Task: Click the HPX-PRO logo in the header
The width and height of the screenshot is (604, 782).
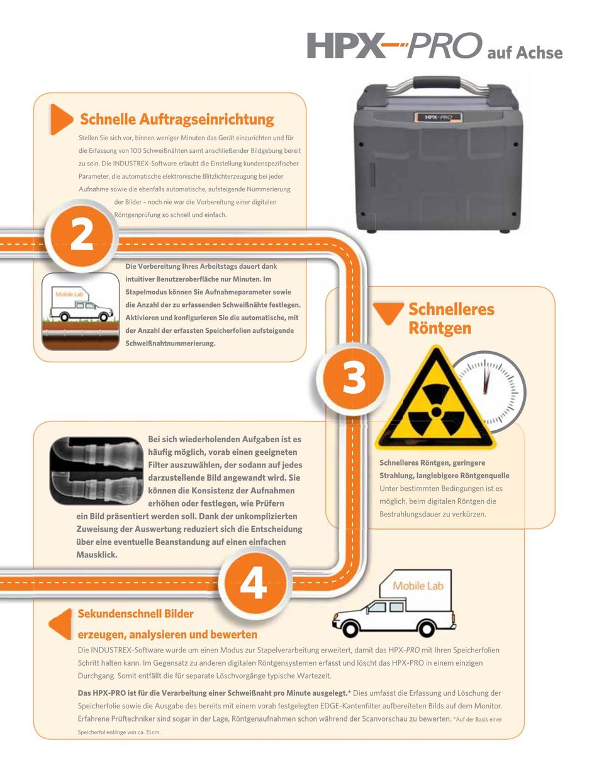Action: pos(394,46)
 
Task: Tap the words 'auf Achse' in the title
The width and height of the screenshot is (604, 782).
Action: pos(525,53)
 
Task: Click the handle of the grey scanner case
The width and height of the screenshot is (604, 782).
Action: pos(437,84)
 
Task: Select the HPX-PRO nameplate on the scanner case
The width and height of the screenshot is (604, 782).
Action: pos(438,117)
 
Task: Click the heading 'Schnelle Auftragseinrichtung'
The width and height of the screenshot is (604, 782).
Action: pos(177,119)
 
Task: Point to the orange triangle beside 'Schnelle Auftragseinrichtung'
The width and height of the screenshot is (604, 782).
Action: pos(62,120)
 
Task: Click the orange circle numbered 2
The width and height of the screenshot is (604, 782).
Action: pos(82,236)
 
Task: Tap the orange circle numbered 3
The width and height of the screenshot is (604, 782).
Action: pos(354,379)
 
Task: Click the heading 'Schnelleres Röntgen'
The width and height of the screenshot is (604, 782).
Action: pos(452,318)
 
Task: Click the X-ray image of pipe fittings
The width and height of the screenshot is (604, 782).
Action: pos(96,471)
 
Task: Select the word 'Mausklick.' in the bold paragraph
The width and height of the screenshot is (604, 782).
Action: pos(97,554)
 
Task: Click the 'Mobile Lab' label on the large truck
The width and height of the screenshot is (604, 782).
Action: pos(418,586)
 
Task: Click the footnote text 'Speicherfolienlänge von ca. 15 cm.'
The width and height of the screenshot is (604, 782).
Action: pos(119,732)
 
